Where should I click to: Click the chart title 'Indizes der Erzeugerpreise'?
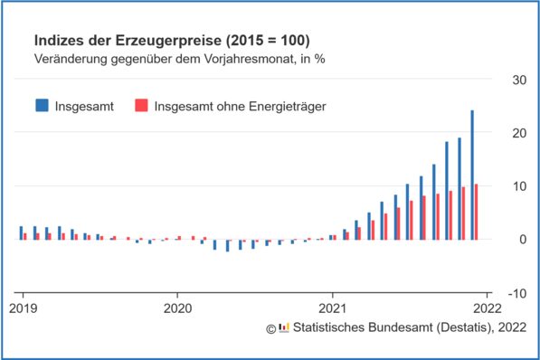pos(172,42)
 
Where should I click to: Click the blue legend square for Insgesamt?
pos(43,106)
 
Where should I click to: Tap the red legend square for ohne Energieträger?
pos(140,106)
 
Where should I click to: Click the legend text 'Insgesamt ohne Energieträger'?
pos(240,106)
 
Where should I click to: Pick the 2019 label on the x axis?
pos(22,307)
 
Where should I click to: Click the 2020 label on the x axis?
pos(177,307)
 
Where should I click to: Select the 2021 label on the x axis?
pos(333,307)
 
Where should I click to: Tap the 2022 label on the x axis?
pos(488,307)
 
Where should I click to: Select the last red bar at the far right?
pos(477,212)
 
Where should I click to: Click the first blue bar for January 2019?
pos(21,232)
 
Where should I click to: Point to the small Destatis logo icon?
pos(283,327)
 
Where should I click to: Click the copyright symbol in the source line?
pos(270,327)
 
